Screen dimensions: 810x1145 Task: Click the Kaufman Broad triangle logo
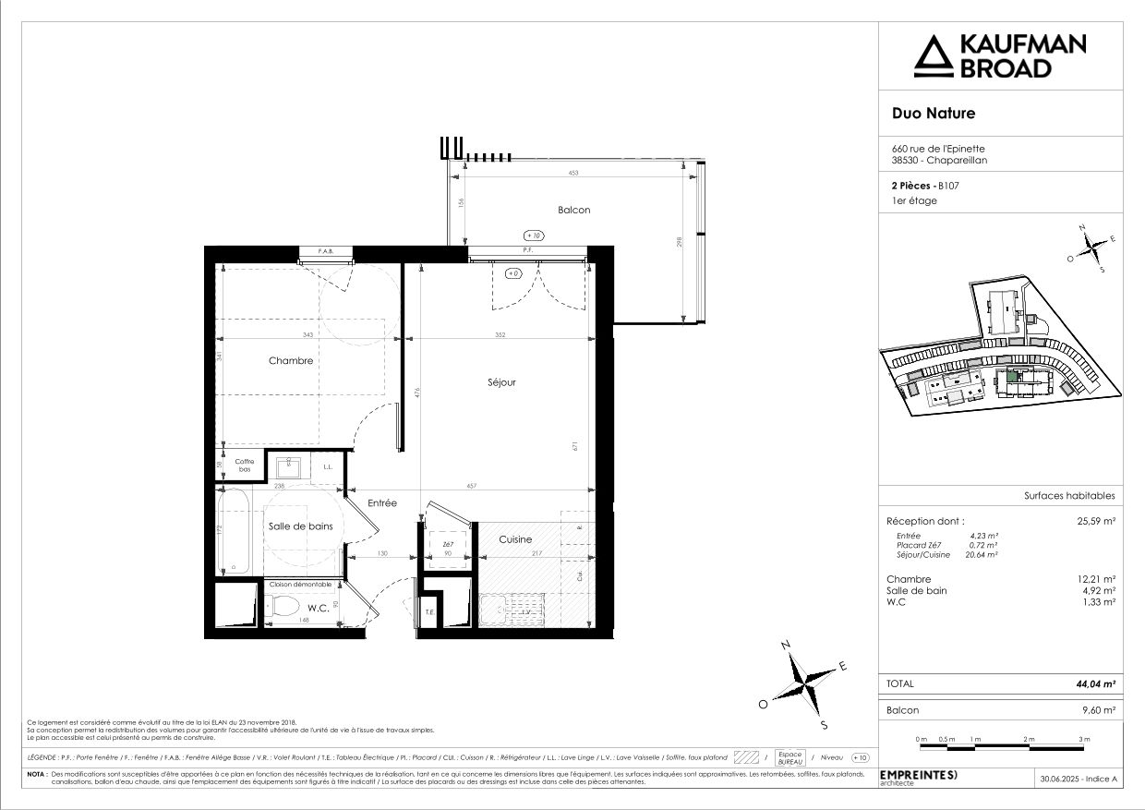click(x=932, y=56)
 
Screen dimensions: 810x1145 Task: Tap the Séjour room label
click(x=501, y=381)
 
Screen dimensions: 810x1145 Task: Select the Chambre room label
click(x=291, y=361)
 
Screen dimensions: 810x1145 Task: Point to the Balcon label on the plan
click(x=573, y=210)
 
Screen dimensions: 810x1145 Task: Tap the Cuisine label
click(x=515, y=539)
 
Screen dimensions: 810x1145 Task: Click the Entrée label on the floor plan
click(x=382, y=503)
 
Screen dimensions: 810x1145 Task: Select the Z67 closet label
click(x=449, y=545)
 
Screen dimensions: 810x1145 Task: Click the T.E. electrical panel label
click(x=429, y=611)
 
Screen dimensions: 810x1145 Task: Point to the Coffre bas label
click(x=244, y=465)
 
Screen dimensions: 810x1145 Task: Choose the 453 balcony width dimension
click(x=573, y=174)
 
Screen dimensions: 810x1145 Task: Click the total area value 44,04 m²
click(x=1096, y=684)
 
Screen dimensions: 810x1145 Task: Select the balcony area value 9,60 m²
click(x=1099, y=710)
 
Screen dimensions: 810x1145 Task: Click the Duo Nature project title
click(x=933, y=114)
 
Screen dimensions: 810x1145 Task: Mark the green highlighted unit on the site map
click(x=1014, y=375)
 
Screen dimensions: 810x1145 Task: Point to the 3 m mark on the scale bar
click(x=1084, y=740)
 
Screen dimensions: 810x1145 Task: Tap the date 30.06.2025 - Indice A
click(x=1079, y=780)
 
